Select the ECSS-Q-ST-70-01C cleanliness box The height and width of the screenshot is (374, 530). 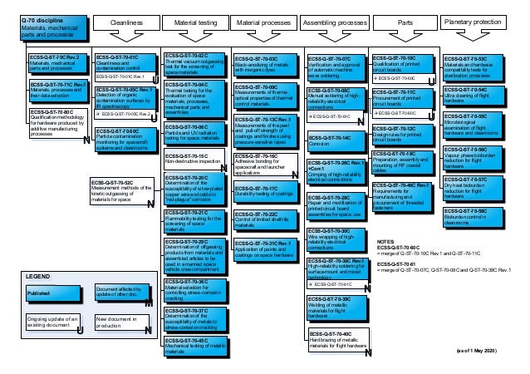tap(125, 66)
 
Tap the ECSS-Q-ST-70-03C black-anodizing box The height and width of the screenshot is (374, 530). tap(264, 64)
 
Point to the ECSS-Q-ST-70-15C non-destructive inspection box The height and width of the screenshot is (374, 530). tap(193, 159)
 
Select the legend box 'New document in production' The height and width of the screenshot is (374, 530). tap(116, 322)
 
